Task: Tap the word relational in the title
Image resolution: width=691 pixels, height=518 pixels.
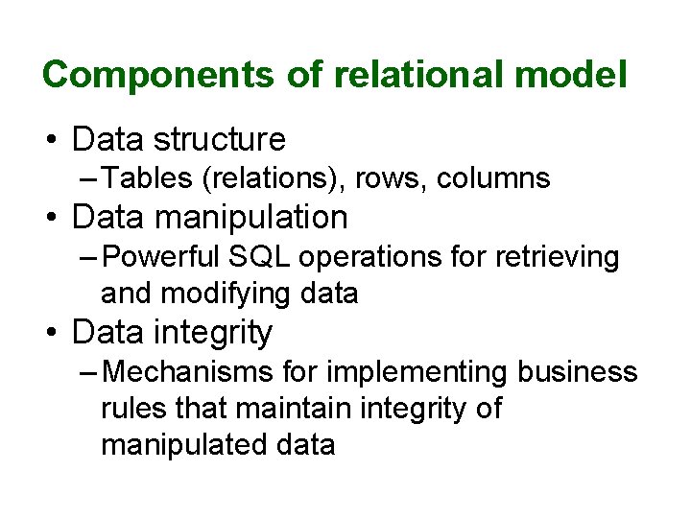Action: point(393,75)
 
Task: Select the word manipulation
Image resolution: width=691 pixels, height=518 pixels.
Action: point(251,218)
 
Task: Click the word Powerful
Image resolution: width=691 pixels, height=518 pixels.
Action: point(162,256)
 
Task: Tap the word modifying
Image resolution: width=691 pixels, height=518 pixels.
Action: point(227,293)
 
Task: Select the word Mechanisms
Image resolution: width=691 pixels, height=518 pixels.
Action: point(185,371)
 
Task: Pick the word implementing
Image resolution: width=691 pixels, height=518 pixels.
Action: point(417,372)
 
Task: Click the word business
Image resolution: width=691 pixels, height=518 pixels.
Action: point(577,371)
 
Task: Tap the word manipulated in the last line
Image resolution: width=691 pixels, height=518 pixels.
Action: point(179,445)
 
